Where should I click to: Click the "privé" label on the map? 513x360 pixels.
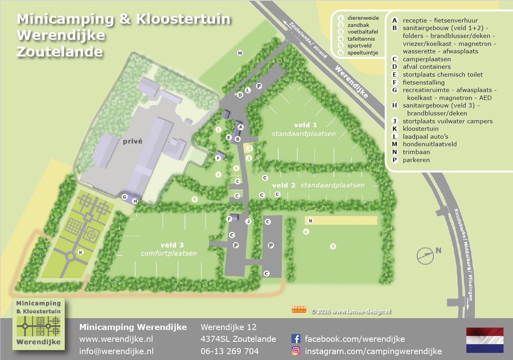(132, 141)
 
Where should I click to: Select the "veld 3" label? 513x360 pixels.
(172, 245)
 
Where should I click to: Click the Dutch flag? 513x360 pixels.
(485, 340)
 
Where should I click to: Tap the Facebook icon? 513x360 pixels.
(296, 339)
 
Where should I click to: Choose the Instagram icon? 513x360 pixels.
(296, 351)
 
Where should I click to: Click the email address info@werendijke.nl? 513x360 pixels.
(116, 351)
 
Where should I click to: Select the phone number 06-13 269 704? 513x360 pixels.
(230, 351)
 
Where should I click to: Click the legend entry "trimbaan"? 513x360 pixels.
(416, 152)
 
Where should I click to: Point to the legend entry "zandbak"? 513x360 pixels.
(358, 25)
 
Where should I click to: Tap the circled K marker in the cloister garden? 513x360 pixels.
(81, 252)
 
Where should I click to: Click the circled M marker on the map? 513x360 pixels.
(240, 53)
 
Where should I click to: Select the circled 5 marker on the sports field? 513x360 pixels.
(333, 247)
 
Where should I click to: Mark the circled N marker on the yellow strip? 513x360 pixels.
(311, 221)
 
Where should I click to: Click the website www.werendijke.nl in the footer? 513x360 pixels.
(116, 339)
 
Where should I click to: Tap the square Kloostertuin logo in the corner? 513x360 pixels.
(39, 323)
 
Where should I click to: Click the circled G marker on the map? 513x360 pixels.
(124, 197)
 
